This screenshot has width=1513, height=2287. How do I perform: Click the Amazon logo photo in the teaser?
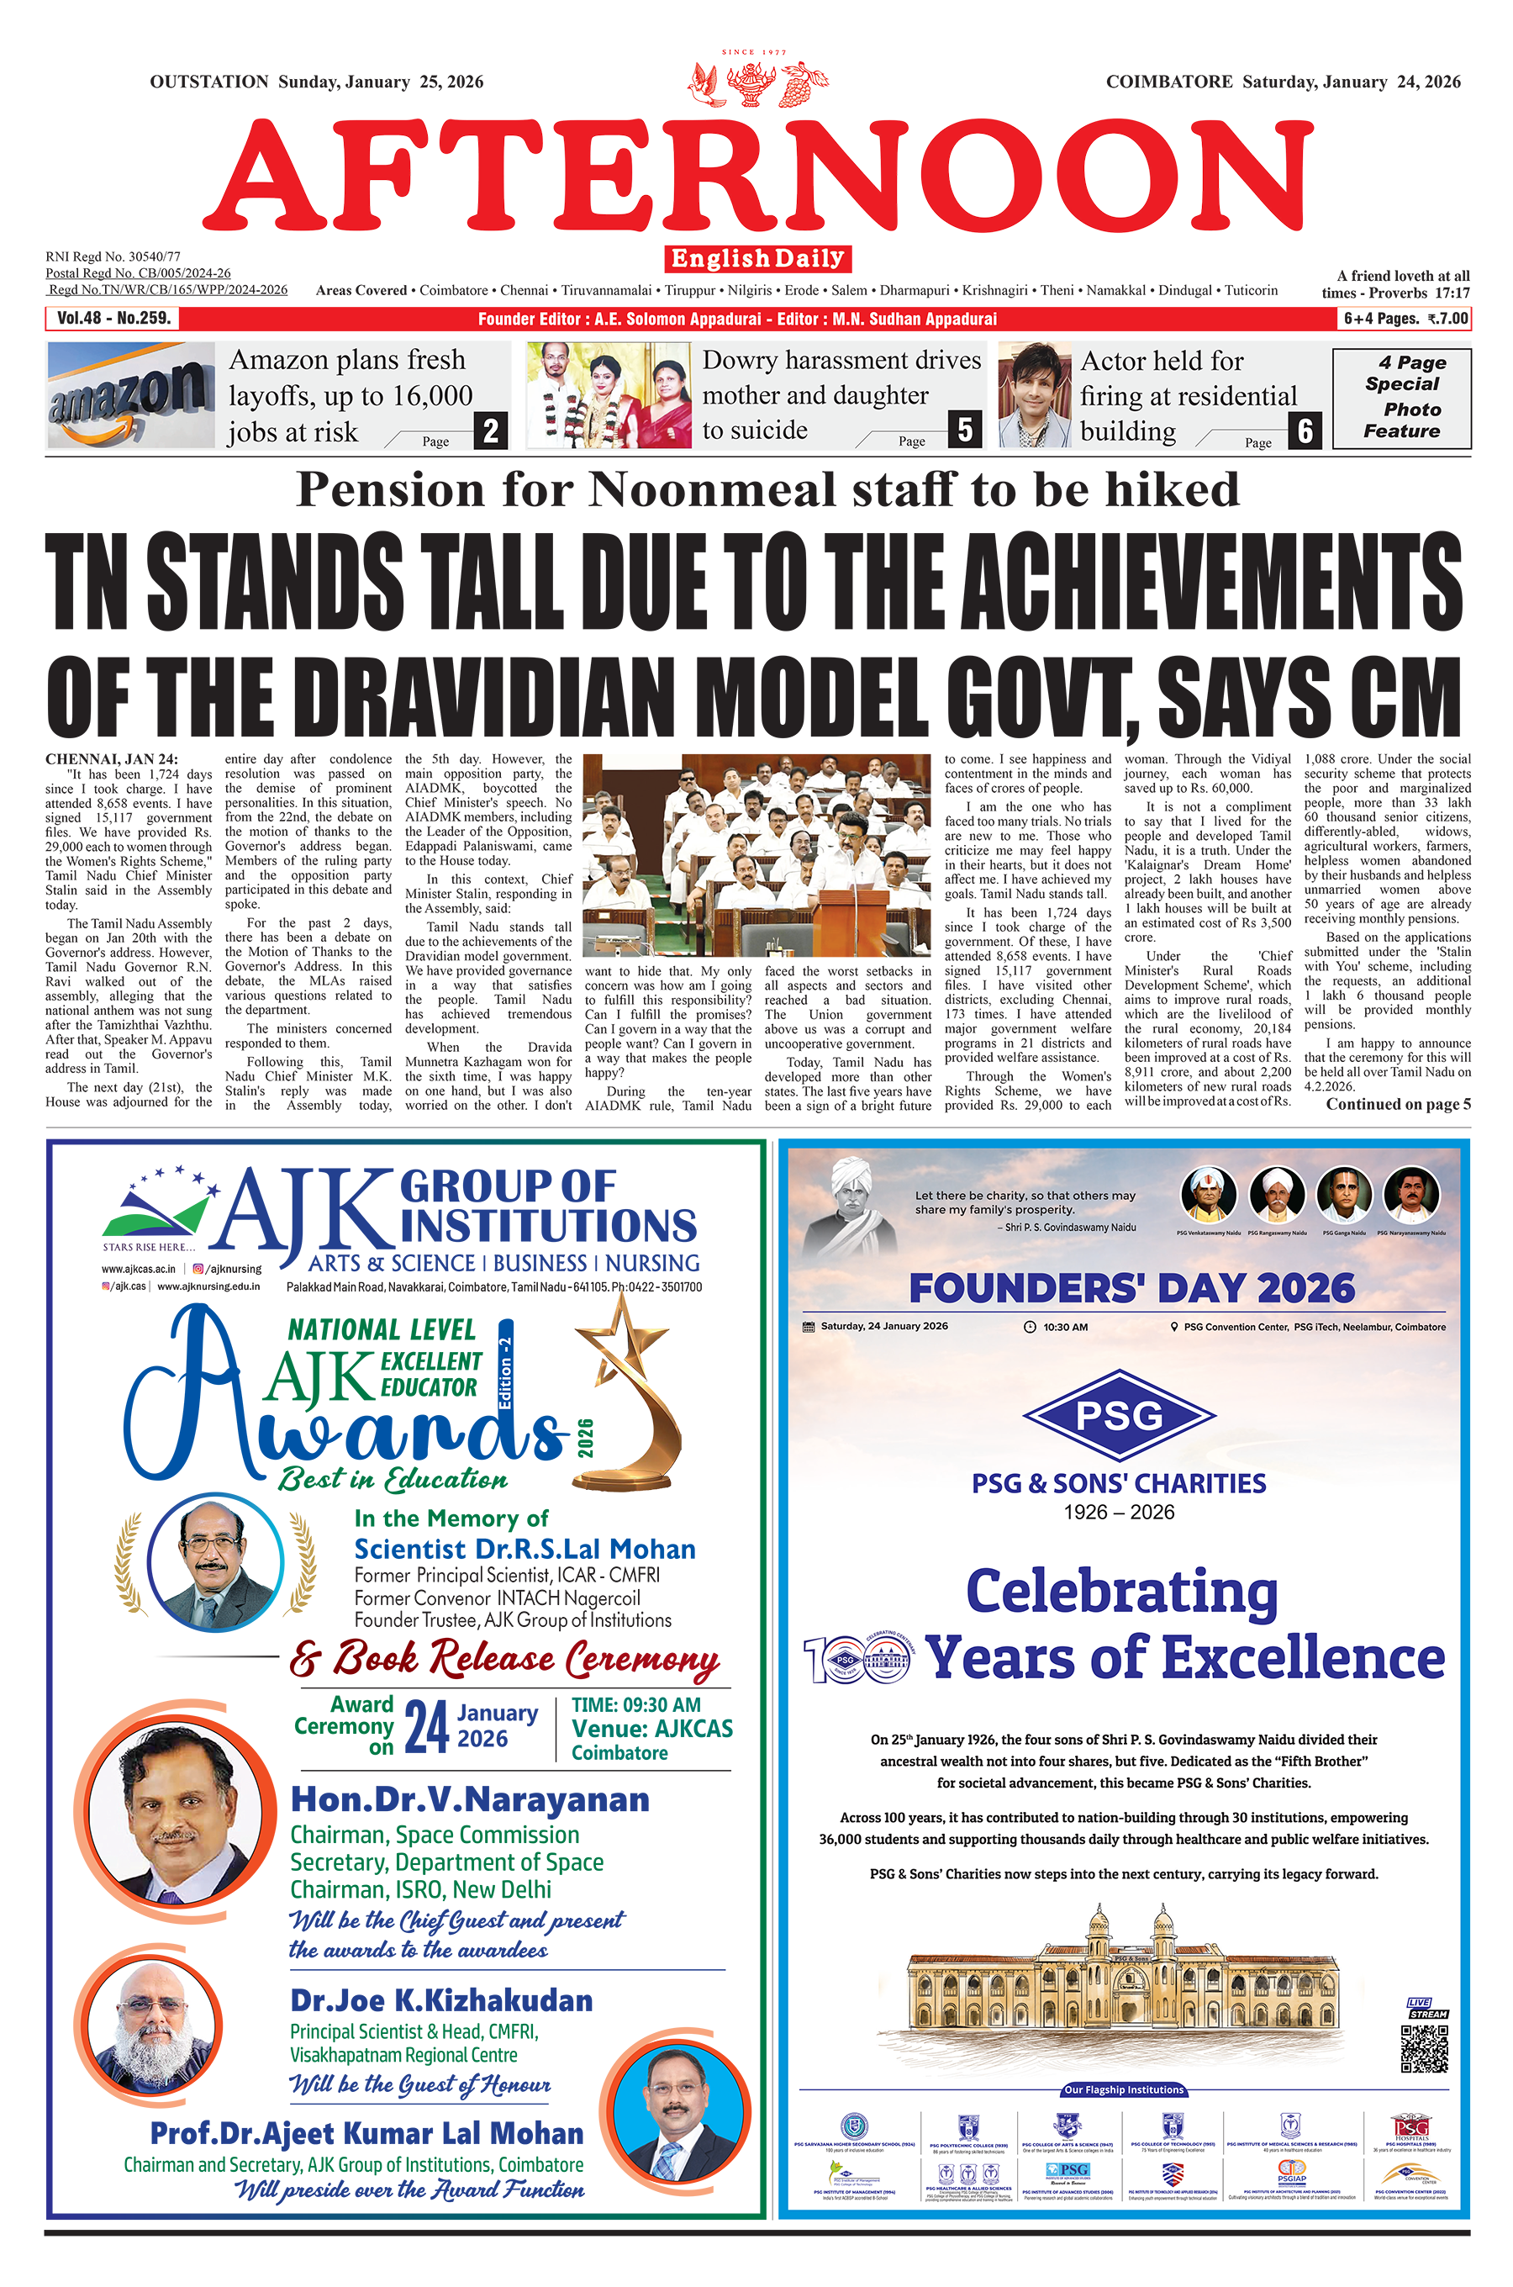coord(130,393)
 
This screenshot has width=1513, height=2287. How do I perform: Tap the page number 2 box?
coord(490,430)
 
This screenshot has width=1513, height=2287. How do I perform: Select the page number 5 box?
coord(965,430)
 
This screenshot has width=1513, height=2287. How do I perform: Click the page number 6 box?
coord(1305,430)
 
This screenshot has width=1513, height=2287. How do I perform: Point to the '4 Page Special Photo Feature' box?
coord(1401,398)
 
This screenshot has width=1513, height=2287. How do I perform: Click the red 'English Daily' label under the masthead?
coord(757,259)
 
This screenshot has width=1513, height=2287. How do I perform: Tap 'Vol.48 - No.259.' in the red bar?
coord(113,319)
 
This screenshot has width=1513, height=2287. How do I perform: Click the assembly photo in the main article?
coord(757,855)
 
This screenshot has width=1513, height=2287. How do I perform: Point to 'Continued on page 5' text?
coord(1397,1104)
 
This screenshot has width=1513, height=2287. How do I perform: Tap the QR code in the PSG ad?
coord(1424,2049)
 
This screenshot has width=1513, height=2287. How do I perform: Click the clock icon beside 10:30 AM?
coord(1031,1327)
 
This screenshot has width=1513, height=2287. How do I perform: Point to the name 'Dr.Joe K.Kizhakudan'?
coord(441,2000)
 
